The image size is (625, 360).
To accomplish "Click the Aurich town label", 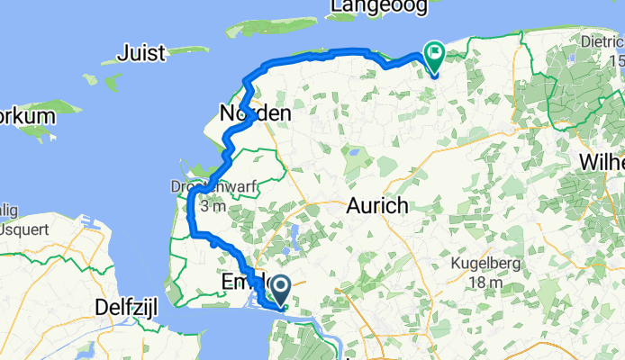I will [x=377, y=206].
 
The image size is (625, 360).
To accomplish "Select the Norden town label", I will [x=255, y=114].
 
